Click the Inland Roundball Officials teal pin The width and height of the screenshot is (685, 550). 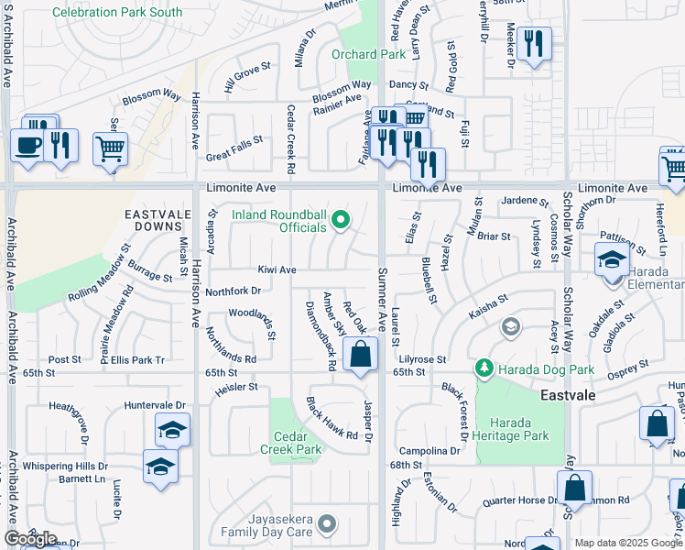342,219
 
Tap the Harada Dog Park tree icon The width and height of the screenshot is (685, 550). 484,368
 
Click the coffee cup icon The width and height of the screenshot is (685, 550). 26,144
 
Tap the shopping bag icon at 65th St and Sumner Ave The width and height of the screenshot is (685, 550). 362,353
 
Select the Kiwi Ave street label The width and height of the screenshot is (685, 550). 276,270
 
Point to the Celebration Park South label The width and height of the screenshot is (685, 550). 117,13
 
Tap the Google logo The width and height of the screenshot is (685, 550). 30,539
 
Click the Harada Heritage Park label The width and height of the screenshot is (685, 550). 518,429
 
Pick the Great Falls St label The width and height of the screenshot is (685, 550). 234,149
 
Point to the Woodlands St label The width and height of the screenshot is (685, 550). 253,322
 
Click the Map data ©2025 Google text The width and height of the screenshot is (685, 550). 628,543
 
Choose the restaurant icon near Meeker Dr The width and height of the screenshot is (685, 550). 533,42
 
